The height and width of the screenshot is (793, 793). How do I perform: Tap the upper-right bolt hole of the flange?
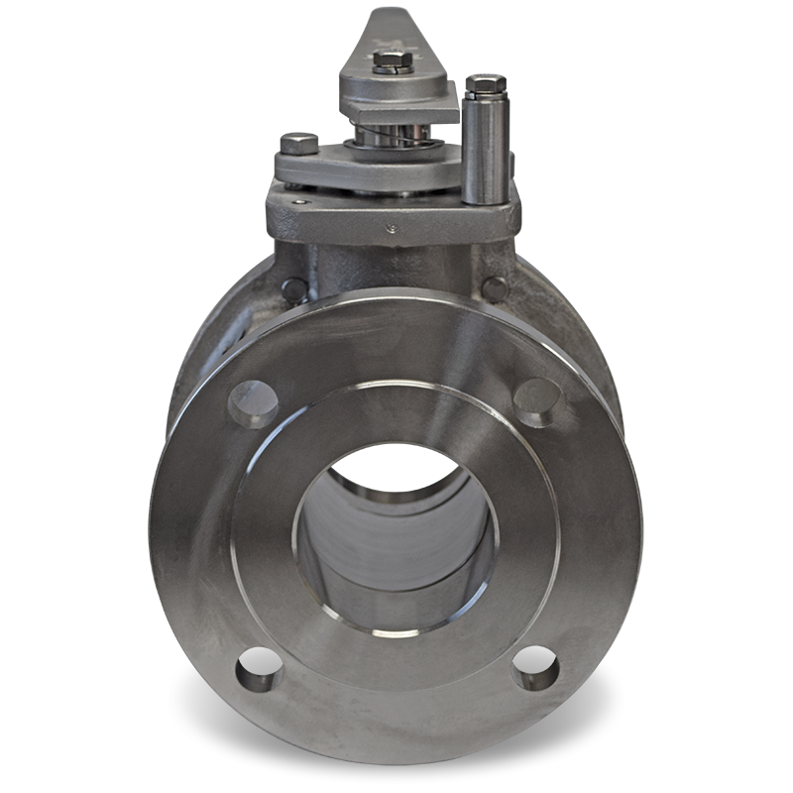coord(537,400)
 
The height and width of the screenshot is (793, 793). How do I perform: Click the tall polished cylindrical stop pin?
coord(485,149)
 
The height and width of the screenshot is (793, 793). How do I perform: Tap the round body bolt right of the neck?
coord(495,286)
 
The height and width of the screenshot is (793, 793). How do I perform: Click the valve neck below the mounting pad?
coord(396,268)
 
